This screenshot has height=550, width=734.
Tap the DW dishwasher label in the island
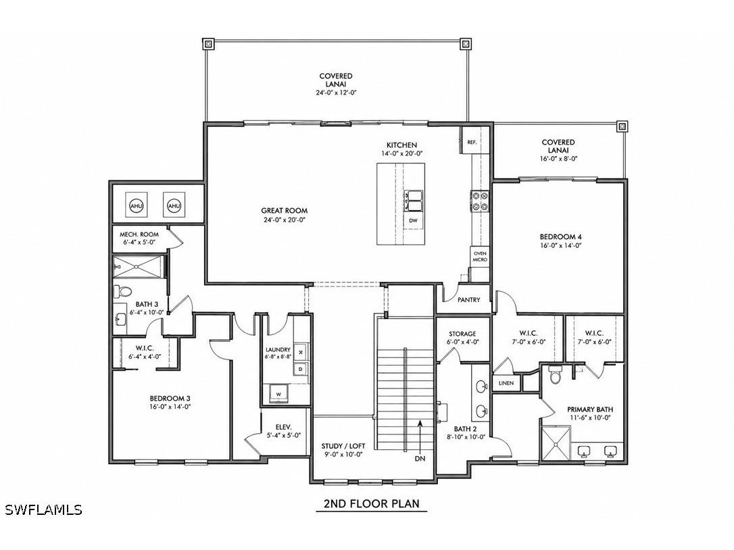412,220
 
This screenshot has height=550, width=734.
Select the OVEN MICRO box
480,257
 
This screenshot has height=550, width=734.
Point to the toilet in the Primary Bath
555,374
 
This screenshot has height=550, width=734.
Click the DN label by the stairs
420,459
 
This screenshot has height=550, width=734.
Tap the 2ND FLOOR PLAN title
371,503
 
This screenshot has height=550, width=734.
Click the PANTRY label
468,299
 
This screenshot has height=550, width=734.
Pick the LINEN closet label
506,383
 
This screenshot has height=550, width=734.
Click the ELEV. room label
284,427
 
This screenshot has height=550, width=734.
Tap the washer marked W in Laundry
278,394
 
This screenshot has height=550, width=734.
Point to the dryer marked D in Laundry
301,370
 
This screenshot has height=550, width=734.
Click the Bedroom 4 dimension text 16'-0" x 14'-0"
560,245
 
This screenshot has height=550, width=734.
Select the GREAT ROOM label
284,211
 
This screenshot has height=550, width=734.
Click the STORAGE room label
462,334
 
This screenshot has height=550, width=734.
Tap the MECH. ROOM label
139,234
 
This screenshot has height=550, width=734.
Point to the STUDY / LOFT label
343,446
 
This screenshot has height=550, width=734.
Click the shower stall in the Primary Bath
556,443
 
